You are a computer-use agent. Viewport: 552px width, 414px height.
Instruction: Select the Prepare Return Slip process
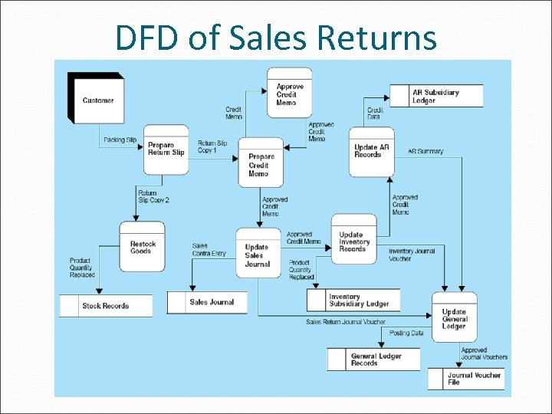point(166,149)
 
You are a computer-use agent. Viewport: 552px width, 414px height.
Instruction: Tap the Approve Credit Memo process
point(289,94)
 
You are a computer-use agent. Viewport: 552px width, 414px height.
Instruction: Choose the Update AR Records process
point(372,151)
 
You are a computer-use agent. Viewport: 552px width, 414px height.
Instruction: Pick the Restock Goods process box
point(143,248)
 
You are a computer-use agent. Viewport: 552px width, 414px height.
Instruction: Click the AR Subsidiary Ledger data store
point(436,96)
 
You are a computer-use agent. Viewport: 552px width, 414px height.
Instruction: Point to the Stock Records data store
point(105,306)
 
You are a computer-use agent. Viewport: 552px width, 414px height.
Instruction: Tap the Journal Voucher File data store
point(474,378)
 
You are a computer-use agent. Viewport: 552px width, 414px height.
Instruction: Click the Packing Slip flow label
point(120,140)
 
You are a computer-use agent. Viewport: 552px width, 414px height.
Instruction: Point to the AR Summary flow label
point(426,151)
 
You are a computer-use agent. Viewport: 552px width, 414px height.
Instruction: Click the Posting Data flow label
point(406,333)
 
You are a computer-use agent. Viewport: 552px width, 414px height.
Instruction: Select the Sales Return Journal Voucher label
point(345,322)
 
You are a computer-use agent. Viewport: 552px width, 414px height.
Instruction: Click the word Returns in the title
point(376,38)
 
